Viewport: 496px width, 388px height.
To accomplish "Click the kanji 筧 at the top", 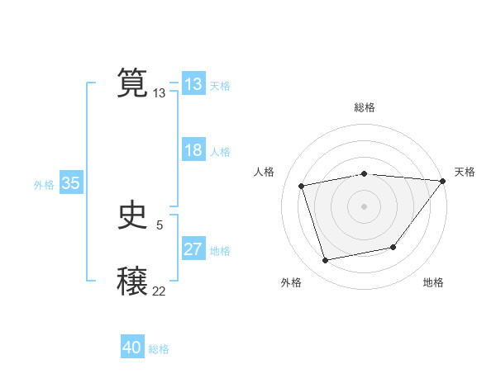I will [x=133, y=83].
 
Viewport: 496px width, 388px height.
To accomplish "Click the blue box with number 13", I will [x=193, y=84].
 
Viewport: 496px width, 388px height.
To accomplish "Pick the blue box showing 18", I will [x=193, y=150].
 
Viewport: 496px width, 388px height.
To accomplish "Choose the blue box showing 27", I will [x=193, y=249].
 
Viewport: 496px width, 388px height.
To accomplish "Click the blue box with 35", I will [x=70, y=183].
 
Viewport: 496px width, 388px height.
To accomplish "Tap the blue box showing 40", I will [x=132, y=348].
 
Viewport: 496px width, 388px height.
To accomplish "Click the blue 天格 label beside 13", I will [x=220, y=86].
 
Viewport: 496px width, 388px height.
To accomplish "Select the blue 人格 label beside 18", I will [x=220, y=152].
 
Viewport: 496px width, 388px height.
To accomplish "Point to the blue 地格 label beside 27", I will [x=220, y=251].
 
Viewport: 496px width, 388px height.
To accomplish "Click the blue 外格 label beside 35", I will [x=44, y=185].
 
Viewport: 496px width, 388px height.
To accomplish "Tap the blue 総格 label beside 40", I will [x=159, y=349].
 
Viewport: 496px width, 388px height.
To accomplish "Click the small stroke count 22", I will [x=159, y=291].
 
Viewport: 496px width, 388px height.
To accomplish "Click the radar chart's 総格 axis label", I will [x=364, y=107].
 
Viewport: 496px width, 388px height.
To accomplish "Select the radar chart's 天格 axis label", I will [x=465, y=172].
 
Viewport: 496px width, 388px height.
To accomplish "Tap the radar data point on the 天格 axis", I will [x=443, y=181].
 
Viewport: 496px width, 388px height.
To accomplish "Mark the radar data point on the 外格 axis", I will [x=326, y=260].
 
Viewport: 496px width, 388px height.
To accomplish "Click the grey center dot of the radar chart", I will [x=364, y=206].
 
